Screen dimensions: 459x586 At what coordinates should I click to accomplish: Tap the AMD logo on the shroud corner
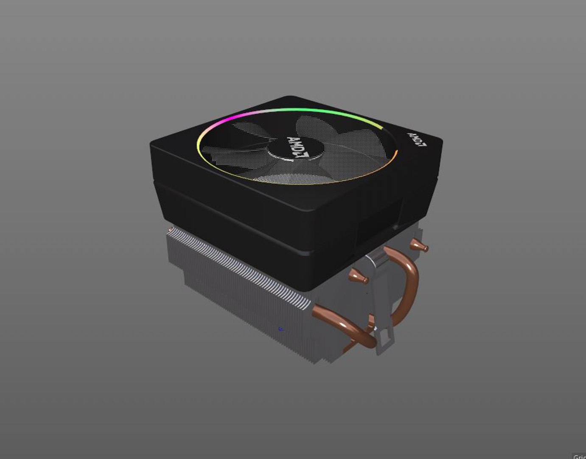417,139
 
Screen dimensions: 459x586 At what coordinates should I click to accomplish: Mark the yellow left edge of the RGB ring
199,144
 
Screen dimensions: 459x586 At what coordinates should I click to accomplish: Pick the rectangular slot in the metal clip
386,340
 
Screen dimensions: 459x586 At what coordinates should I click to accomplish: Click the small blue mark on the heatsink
280,329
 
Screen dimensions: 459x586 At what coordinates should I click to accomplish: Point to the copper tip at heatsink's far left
170,230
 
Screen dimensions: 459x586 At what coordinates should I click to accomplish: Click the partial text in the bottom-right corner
579,456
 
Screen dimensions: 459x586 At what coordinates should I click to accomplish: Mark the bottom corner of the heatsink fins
316,361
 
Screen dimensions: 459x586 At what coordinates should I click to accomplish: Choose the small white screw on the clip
375,329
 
